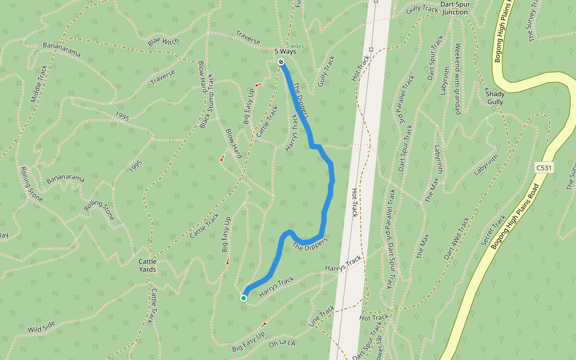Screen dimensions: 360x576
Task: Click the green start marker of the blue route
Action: point(244,298)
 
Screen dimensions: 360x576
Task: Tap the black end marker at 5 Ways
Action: point(281,62)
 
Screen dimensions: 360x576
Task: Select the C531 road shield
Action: point(543,168)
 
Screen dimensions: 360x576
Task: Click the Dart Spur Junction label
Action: point(454,8)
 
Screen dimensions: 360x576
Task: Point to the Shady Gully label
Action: point(495,98)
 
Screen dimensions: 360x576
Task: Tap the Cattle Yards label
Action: point(147,265)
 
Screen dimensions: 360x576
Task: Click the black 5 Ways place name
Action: point(285,51)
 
